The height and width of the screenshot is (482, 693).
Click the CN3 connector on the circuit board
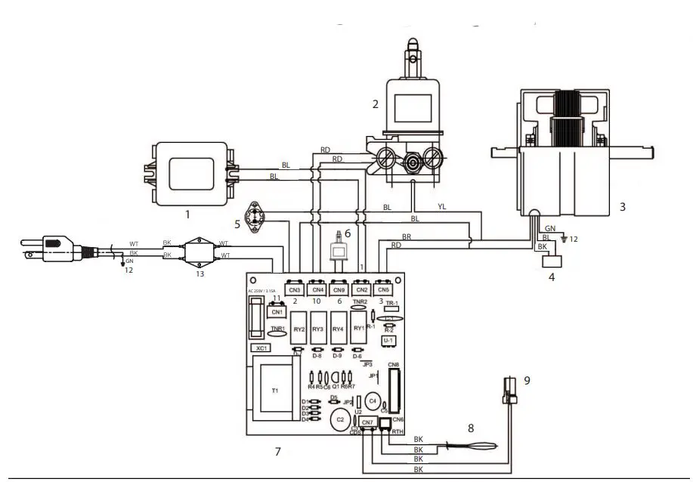(x=295, y=290)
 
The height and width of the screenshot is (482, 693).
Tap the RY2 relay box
(x=299, y=329)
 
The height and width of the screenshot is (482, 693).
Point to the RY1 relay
(x=358, y=329)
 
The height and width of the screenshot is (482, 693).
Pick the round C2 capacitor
(x=341, y=419)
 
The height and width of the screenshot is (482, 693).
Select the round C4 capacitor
(x=372, y=400)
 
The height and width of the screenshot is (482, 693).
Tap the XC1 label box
(x=261, y=349)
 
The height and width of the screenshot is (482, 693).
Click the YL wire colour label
(x=443, y=206)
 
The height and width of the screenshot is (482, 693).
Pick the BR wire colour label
(x=407, y=236)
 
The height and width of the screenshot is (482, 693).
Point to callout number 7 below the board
(x=277, y=451)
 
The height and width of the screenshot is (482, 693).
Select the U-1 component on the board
(x=388, y=341)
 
